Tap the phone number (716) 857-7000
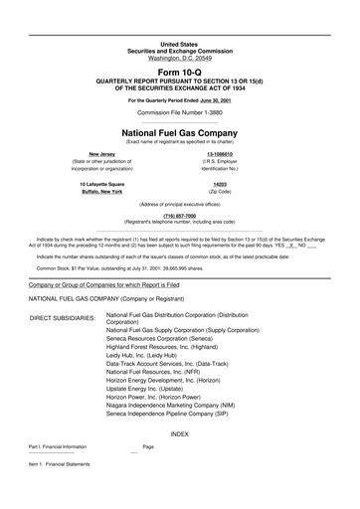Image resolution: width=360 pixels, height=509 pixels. [x=179, y=215]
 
